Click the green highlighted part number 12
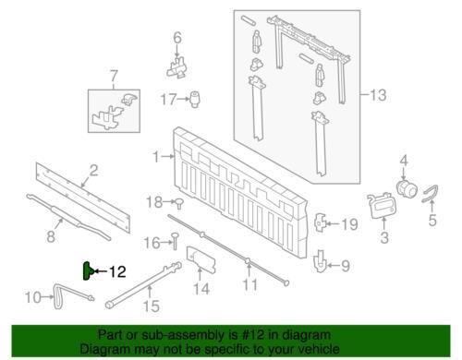[87, 271]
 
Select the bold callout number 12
[117, 271]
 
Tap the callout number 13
[378, 95]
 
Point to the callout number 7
[114, 76]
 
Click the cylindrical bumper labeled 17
[194, 99]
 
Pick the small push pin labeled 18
[179, 203]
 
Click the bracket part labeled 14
[201, 259]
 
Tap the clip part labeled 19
[320, 222]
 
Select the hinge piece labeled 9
[321, 261]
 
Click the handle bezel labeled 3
[381, 206]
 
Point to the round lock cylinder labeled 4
[406, 187]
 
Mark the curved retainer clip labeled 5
[431, 193]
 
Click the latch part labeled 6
[177, 68]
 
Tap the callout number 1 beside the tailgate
[157, 157]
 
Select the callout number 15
[152, 306]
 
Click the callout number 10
[33, 297]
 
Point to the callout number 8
[51, 236]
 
